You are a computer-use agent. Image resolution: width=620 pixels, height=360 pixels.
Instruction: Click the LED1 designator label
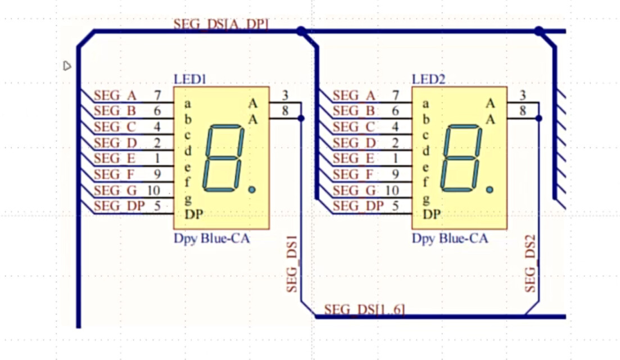(190, 79)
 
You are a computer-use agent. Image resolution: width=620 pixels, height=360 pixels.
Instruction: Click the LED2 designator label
(428, 79)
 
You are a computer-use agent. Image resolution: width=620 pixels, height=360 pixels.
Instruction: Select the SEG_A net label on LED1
(115, 96)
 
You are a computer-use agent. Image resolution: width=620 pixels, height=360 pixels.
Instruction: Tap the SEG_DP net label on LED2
(357, 206)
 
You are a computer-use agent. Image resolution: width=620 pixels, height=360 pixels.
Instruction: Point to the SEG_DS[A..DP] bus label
(221, 24)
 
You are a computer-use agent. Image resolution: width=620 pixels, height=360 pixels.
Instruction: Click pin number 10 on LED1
(153, 190)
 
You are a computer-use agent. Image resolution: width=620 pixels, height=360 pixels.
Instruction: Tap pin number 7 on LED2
(396, 96)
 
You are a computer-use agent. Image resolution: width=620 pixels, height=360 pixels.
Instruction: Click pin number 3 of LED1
(286, 95)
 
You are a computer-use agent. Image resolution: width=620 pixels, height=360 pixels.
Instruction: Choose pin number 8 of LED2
(523, 111)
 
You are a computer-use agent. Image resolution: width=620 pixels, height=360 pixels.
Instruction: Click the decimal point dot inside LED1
(251, 190)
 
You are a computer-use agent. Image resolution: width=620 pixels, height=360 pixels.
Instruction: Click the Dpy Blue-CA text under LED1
(211, 238)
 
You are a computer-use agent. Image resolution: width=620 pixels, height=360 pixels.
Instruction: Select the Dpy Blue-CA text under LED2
(450, 238)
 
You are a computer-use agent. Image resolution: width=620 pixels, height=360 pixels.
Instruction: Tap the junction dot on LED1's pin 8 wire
(301, 118)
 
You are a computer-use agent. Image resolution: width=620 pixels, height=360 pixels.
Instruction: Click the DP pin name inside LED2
(432, 214)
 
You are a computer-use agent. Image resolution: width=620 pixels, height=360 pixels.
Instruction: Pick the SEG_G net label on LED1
(115, 190)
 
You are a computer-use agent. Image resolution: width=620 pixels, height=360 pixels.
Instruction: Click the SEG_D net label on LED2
(353, 143)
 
